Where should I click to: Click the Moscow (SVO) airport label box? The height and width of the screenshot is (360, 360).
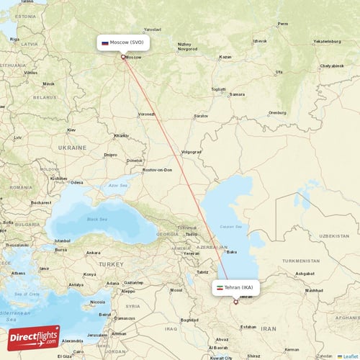124,43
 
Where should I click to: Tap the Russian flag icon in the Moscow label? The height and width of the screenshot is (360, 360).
105,43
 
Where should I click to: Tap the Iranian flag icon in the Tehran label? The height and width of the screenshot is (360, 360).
219,287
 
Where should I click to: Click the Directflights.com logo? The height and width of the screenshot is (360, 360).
34,338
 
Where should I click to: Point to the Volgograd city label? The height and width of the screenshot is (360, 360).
192,152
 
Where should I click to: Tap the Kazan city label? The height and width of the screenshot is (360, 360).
225,57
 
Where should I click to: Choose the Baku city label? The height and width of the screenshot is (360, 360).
232,252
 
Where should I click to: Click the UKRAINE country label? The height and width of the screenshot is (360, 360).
72,147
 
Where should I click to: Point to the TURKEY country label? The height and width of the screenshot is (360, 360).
112,264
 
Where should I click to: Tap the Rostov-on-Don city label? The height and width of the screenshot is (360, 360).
158,169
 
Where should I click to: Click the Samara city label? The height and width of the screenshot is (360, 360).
237,94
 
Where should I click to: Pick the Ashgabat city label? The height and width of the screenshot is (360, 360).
305,274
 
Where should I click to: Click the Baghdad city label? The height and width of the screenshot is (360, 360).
189,319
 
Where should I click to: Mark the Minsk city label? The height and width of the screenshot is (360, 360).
48,84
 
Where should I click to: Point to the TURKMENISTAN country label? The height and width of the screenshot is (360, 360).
300,260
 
